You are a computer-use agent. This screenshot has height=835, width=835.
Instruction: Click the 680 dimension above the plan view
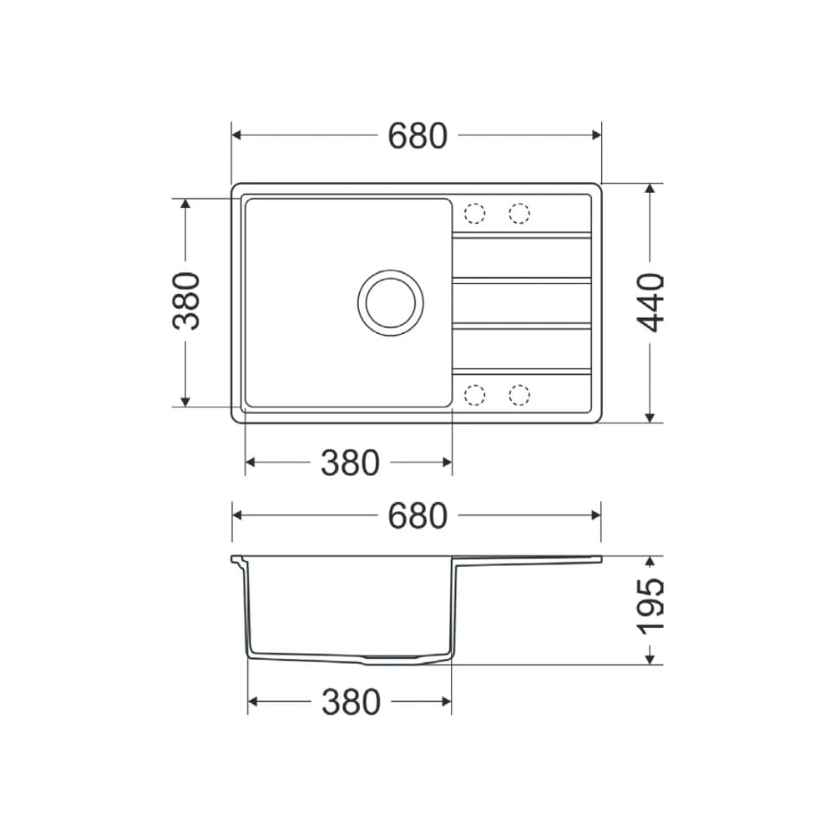pyautogui.click(x=417, y=135)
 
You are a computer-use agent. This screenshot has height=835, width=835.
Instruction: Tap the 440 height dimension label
pyautogui.click(x=651, y=301)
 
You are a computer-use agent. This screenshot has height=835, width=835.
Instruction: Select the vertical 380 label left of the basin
pyautogui.click(x=186, y=301)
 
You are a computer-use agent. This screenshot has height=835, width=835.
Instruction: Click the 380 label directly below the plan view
pyautogui.click(x=350, y=463)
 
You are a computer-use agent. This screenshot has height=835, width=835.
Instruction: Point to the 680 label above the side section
pyautogui.click(x=417, y=516)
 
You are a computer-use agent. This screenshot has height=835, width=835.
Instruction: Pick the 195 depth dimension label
pyautogui.click(x=651, y=605)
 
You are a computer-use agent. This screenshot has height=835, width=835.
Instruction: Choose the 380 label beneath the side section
pyautogui.click(x=350, y=703)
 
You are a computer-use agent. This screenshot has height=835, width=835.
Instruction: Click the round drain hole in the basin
pyautogui.click(x=390, y=302)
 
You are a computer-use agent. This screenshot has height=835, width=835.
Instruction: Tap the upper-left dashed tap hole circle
pyautogui.click(x=474, y=214)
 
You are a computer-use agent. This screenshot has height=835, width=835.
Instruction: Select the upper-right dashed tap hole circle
pyautogui.click(x=519, y=214)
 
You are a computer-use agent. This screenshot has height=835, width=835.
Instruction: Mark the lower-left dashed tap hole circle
pyautogui.click(x=474, y=394)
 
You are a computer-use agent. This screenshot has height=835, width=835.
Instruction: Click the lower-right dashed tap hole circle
pyautogui.click(x=519, y=394)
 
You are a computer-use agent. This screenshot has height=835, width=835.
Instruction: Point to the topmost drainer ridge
pyautogui.click(x=522, y=235)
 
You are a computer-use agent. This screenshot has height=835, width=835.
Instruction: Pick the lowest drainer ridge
pyautogui.click(x=522, y=370)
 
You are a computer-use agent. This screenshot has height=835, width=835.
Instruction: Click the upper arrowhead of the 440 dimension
pyautogui.click(x=650, y=190)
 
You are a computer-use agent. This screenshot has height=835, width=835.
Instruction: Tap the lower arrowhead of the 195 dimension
pyautogui.click(x=650, y=659)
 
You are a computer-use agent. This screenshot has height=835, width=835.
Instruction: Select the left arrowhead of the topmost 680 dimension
pyautogui.click(x=237, y=135)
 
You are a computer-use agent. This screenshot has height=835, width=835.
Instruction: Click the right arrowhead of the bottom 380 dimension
pyautogui.click(x=446, y=703)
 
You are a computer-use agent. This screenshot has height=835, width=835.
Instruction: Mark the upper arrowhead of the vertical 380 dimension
pyautogui.click(x=185, y=205)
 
